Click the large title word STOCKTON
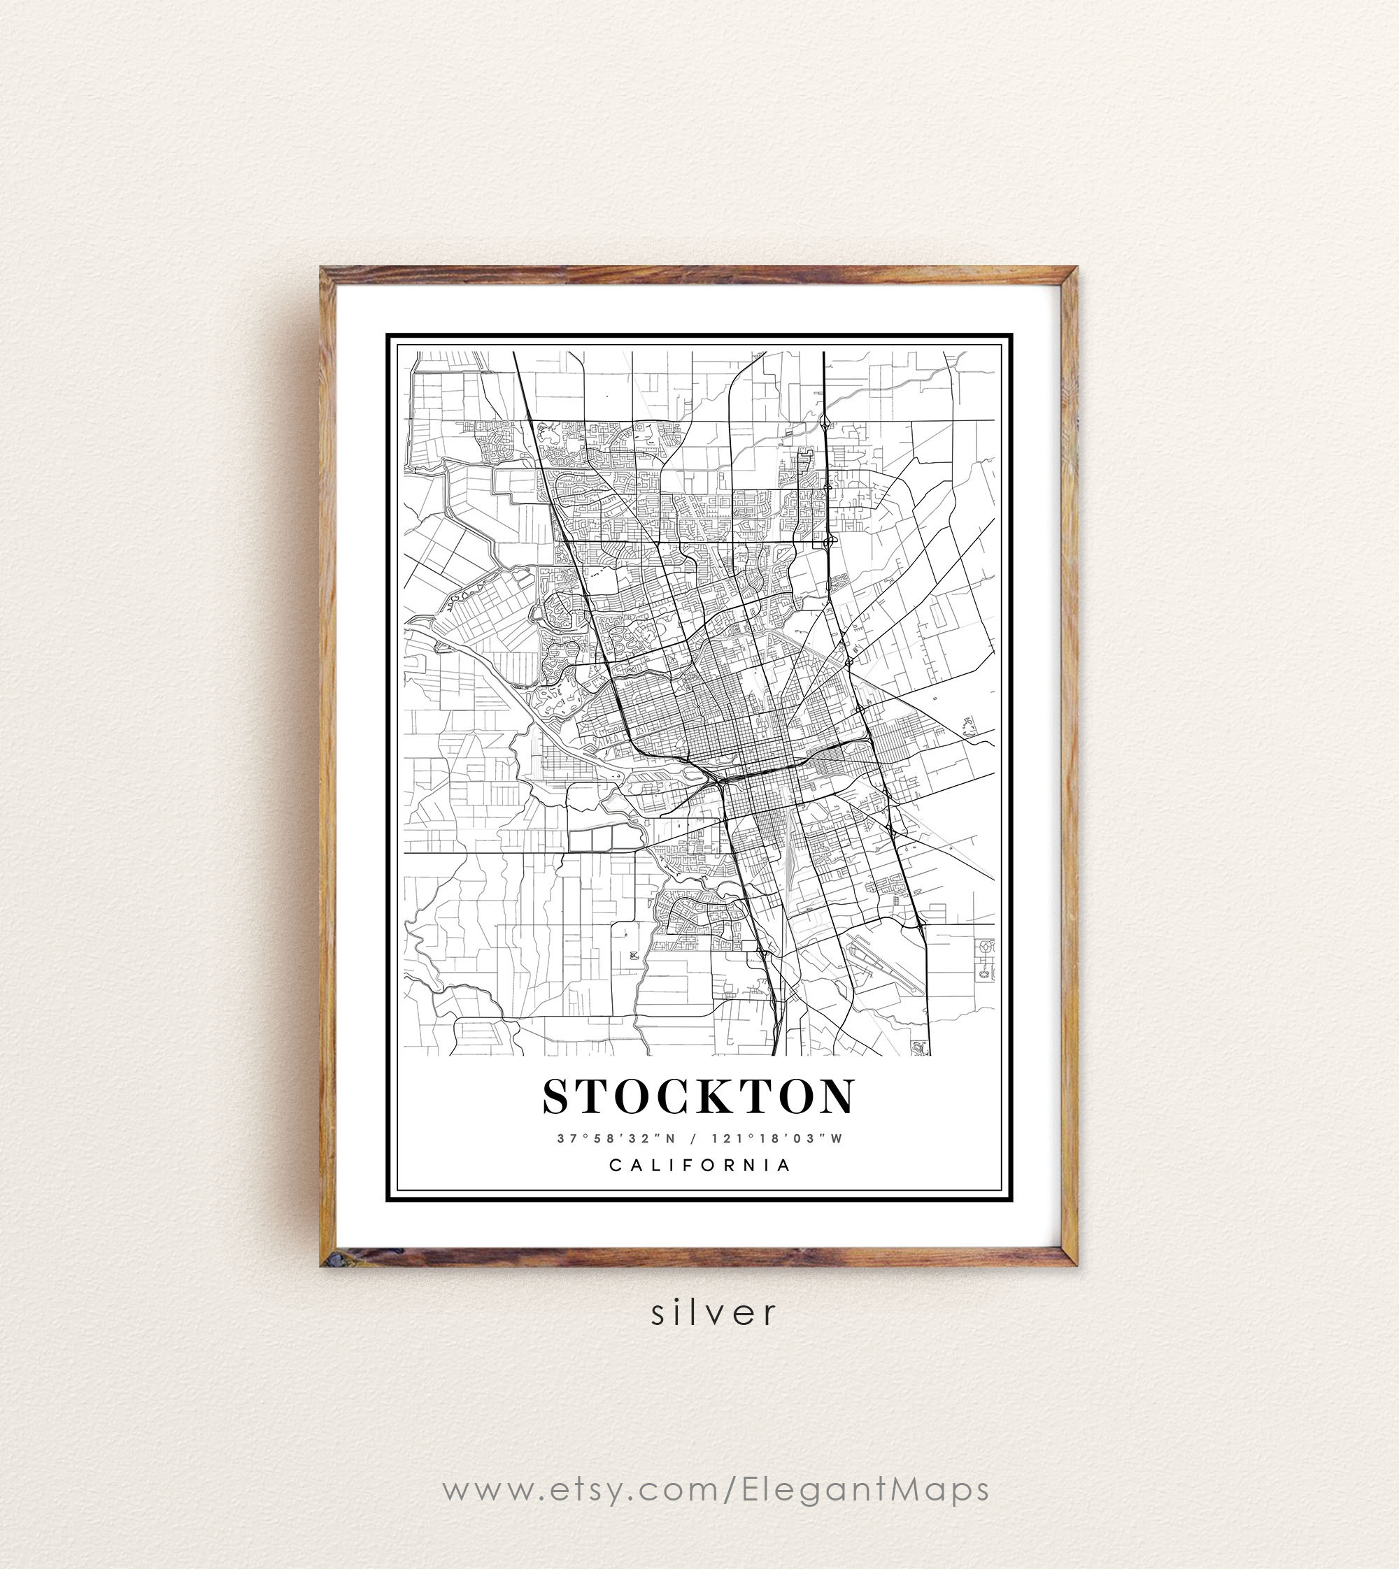tap(698, 1096)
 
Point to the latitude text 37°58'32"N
tap(616, 1139)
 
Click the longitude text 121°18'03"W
tap(777, 1139)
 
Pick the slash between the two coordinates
tap(694, 1139)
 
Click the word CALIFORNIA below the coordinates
tap(699, 1165)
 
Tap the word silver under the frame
tap(714, 1312)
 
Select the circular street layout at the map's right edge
tap(986, 961)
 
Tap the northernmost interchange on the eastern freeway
tap(824, 422)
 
